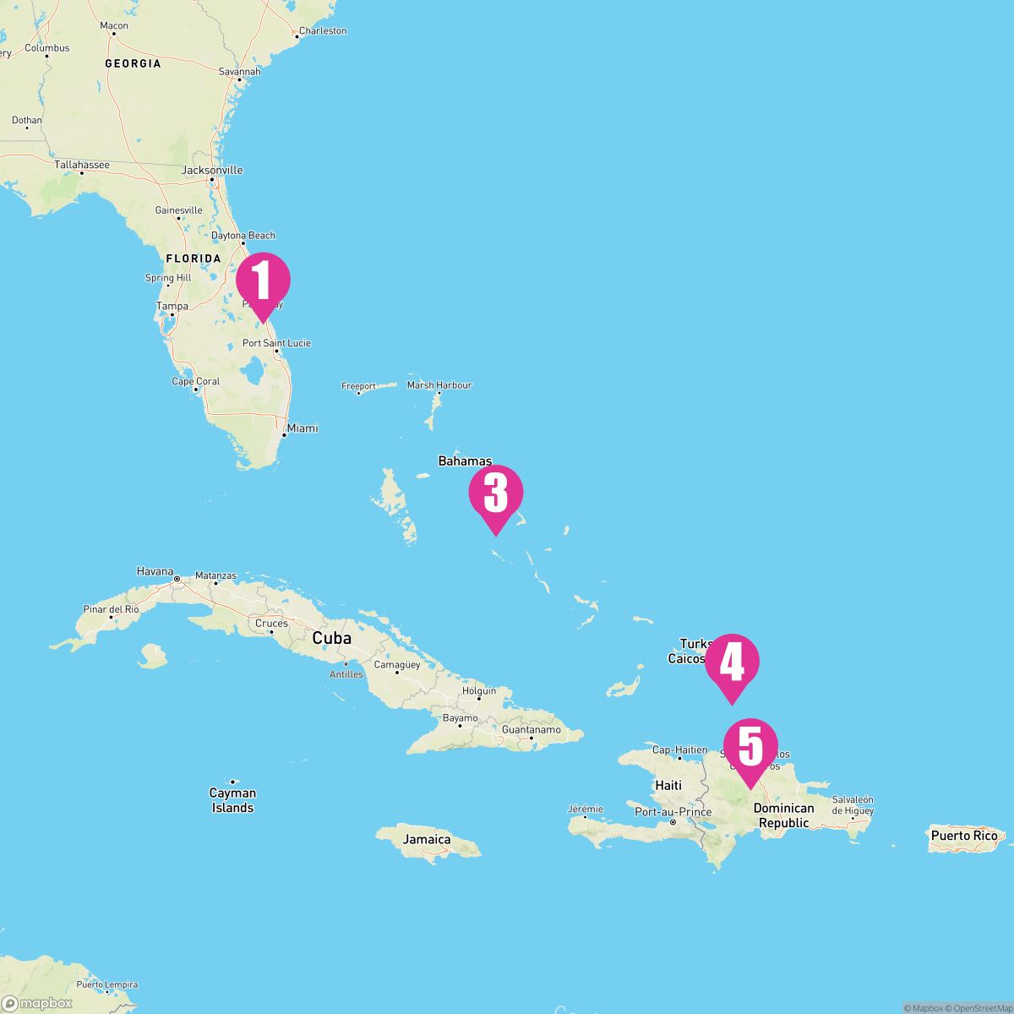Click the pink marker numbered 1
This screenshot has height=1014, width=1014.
click(263, 281)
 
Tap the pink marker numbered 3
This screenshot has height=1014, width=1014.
click(496, 494)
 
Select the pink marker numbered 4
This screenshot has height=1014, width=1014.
click(733, 663)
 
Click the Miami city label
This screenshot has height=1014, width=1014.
click(302, 428)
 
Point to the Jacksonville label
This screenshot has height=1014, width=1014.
click(212, 170)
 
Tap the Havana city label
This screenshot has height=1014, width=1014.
click(155, 572)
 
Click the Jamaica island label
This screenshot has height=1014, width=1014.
click(427, 839)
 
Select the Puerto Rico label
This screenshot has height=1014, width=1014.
click(964, 836)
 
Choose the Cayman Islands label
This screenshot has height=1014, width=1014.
click(232, 800)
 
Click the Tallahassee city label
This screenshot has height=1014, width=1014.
click(82, 165)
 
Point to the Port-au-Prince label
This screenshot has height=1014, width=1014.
click(673, 812)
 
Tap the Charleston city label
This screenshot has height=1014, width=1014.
click(322, 31)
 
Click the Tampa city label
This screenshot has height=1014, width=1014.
click(172, 306)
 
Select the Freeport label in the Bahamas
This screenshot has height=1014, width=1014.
click(358, 386)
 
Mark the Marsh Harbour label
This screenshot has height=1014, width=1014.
click(439, 385)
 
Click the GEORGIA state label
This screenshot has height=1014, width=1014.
click(133, 63)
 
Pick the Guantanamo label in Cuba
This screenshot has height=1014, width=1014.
click(532, 729)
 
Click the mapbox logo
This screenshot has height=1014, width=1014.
click(37, 1003)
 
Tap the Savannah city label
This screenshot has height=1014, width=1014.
click(239, 72)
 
